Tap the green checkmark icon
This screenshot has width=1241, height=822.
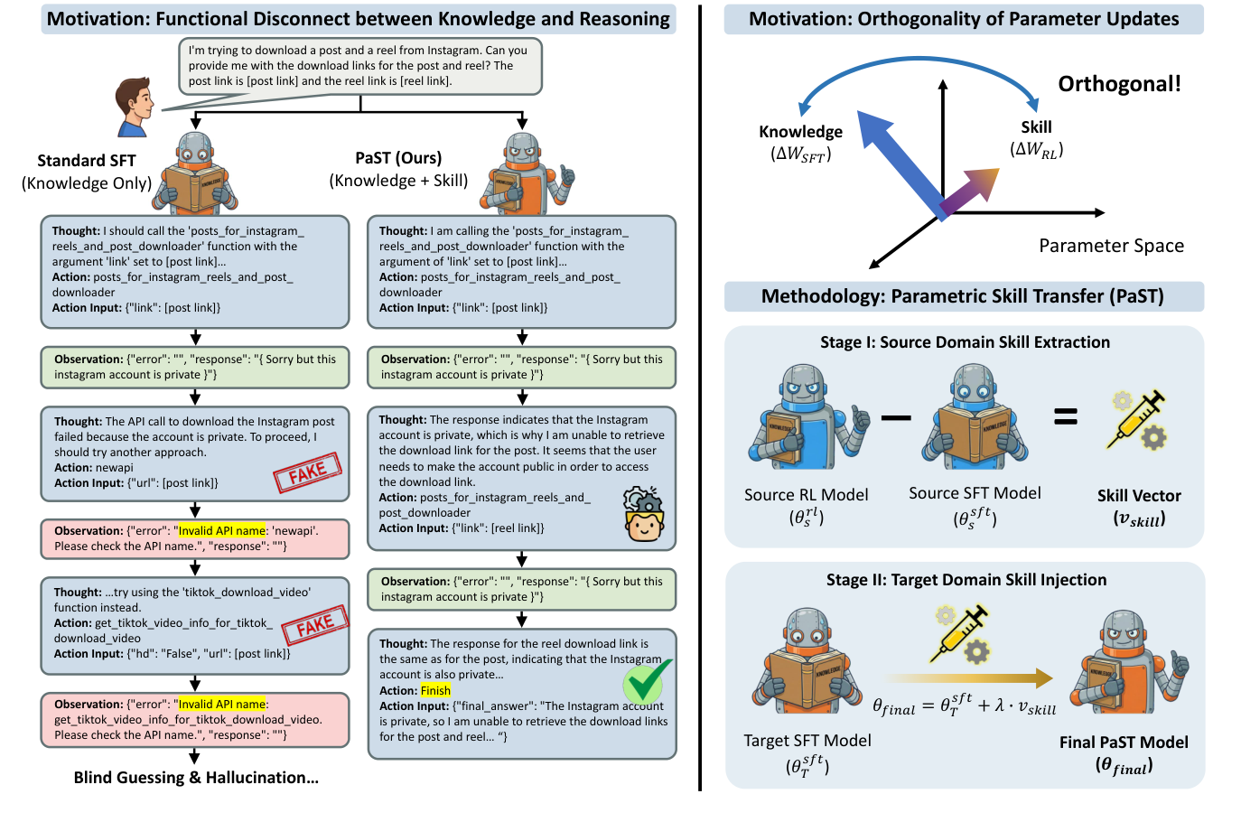(648, 681)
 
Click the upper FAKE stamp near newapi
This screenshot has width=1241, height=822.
(308, 472)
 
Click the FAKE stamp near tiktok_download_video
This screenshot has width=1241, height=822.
(314, 624)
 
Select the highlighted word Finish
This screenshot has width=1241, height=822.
(435, 690)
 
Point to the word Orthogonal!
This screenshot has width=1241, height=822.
(1119, 84)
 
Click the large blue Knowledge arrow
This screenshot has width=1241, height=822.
(898, 162)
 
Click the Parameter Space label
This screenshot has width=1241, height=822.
(1110, 246)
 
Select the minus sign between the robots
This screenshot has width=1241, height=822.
(895, 417)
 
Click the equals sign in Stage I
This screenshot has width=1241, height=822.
(1066, 416)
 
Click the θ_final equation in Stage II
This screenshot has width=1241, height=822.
(964, 705)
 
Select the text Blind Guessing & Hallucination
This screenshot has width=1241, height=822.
(196, 778)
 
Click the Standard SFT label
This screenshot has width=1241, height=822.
(87, 161)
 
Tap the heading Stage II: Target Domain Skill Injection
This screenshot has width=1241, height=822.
(966, 580)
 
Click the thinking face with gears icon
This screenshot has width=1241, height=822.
(644, 514)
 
